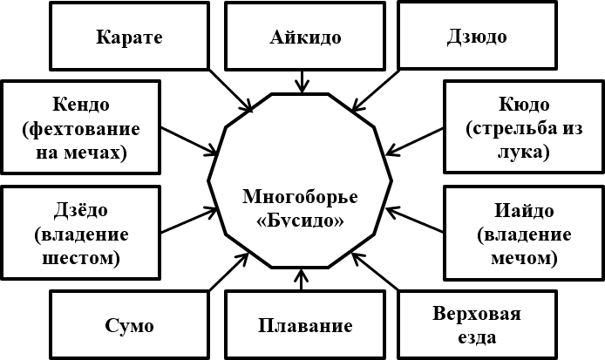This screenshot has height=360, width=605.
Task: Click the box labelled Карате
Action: (x=130, y=37)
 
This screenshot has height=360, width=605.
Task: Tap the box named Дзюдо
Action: (x=476, y=37)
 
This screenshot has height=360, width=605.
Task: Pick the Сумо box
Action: (x=130, y=327)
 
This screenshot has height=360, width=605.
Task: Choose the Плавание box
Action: (x=304, y=327)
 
